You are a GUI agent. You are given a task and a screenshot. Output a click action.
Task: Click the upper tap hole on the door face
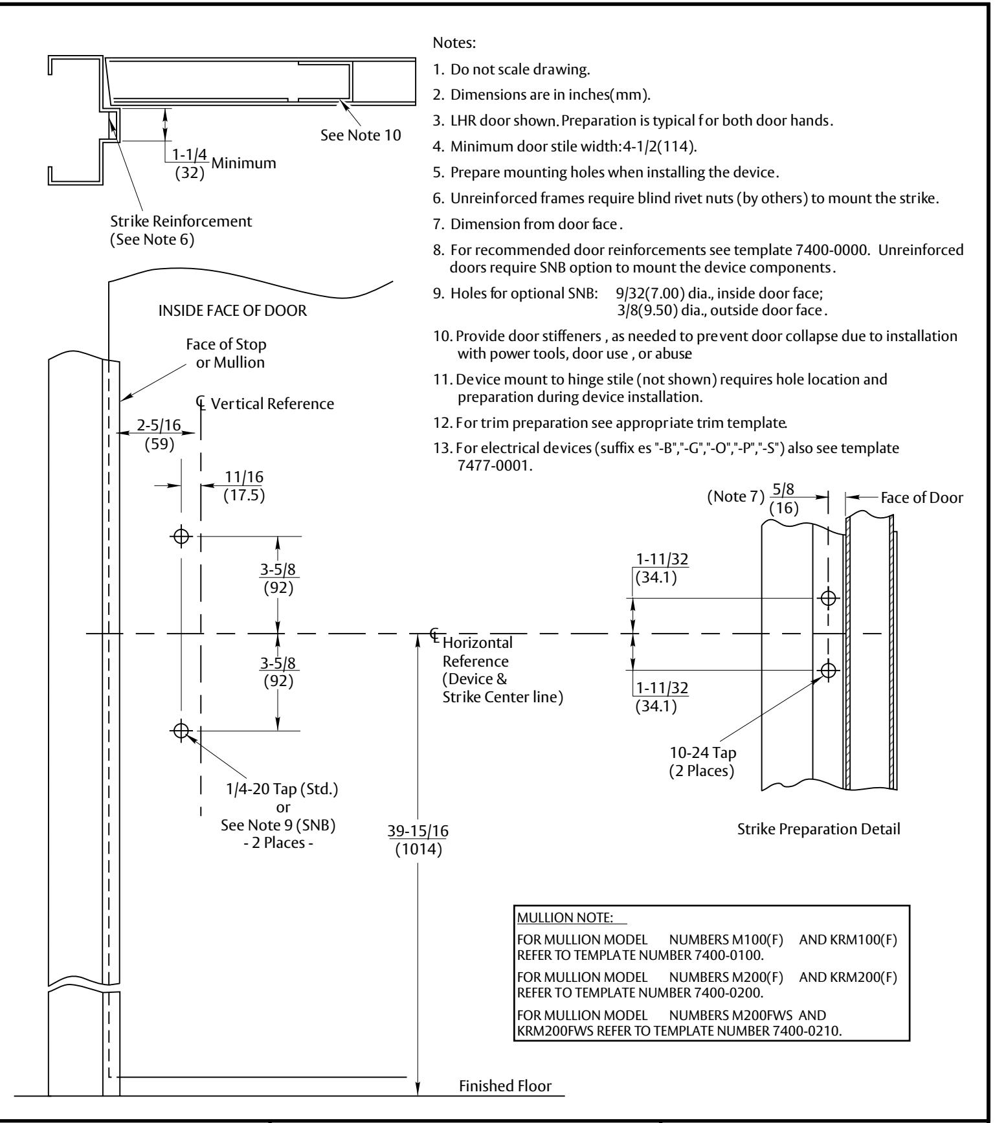(x=181, y=536)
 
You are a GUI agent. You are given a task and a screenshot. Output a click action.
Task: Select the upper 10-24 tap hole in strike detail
(x=828, y=598)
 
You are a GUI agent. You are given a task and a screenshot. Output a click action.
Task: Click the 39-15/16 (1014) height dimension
(x=418, y=839)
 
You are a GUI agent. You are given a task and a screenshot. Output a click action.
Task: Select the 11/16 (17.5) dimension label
(x=245, y=485)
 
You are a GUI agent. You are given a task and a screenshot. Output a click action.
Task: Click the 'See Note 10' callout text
(x=361, y=136)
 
